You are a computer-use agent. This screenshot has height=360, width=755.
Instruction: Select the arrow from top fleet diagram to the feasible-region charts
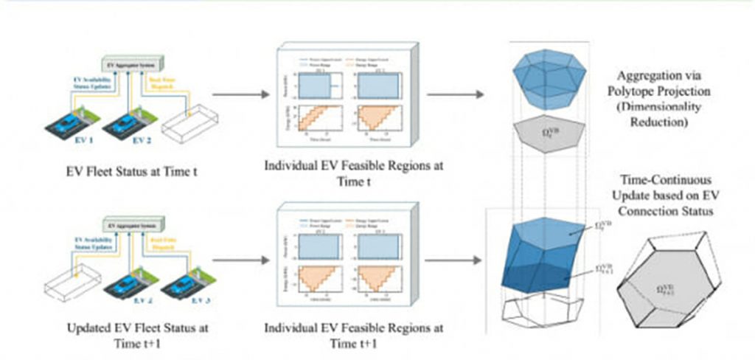pos(237,94)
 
